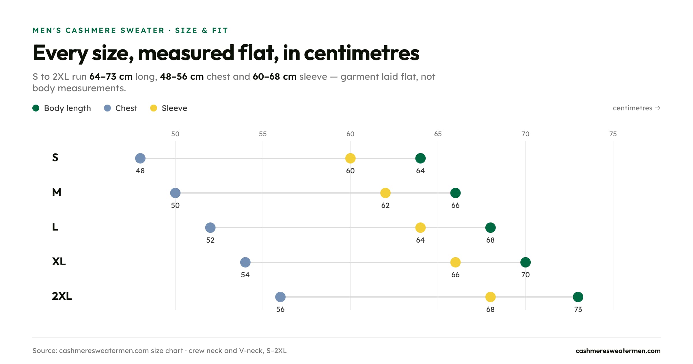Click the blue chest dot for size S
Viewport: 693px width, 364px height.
(140, 158)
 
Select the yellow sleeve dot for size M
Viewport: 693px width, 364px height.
(385, 193)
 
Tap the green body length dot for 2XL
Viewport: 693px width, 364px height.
(578, 297)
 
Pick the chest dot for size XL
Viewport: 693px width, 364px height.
(245, 262)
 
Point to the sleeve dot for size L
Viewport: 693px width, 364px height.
(420, 228)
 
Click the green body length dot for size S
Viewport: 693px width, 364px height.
(420, 158)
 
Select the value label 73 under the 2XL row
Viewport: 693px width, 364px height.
(578, 309)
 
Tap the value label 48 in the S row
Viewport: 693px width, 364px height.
(140, 171)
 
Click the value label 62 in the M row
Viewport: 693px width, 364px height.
(385, 205)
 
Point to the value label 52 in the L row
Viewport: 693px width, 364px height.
(210, 240)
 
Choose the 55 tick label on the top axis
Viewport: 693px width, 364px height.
(263, 134)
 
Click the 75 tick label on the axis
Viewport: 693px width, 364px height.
(613, 134)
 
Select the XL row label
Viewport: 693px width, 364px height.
(59, 261)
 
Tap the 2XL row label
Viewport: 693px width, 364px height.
(62, 296)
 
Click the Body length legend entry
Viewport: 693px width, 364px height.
(62, 108)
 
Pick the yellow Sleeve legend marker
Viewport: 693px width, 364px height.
(154, 108)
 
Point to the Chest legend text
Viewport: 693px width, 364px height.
(126, 108)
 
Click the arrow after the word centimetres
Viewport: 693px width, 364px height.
(657, 108)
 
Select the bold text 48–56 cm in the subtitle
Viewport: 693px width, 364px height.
(182, 77)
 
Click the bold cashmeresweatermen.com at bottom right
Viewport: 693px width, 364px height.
(618, 351)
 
